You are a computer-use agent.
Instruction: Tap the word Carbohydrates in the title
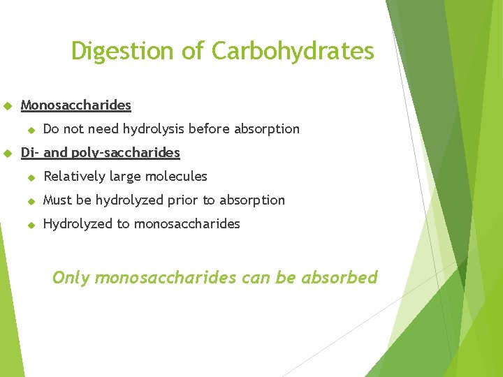point(293,51)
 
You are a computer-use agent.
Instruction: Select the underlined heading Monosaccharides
point(76,105)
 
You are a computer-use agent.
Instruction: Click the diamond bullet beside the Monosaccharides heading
point(8,106)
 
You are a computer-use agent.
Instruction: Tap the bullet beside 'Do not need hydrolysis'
point(31,130)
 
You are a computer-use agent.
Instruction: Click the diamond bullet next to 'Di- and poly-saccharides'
point(8,154)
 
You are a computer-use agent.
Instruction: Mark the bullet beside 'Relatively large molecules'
point(31,177)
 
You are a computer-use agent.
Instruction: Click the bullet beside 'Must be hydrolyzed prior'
point(31,201)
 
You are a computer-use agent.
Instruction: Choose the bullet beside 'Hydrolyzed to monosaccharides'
point(31,225)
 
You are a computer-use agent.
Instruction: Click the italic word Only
point(71,278)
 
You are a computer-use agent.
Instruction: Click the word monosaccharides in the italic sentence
point(166,278)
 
